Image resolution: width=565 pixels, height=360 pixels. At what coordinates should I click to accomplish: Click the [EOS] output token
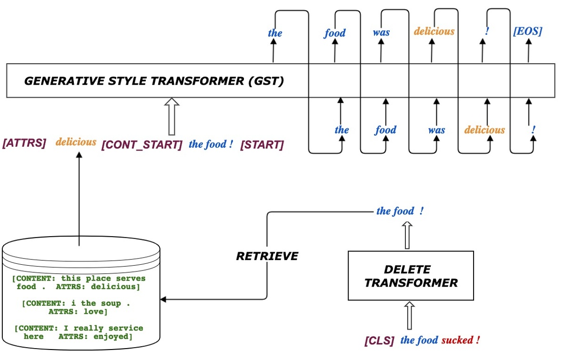point(527,32)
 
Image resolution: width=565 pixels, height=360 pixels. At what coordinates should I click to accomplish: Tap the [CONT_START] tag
point(142,145)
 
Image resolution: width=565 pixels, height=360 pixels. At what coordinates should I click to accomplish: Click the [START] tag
point(262,145)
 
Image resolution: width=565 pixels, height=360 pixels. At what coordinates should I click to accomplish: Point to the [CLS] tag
point(380,341)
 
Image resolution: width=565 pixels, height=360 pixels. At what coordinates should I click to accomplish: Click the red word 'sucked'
point(457,340)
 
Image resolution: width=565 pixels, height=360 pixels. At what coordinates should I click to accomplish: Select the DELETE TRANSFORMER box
point(411,276)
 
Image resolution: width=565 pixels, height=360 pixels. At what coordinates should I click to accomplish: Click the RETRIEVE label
point(267,256)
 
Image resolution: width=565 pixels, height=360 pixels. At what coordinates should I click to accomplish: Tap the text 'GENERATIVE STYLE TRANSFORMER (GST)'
point(154,81)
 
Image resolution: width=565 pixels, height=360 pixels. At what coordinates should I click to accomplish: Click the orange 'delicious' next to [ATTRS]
point(76,142)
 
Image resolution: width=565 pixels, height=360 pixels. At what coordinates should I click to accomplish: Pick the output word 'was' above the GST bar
point(381,32)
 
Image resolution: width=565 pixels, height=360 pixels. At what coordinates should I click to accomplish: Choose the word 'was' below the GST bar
point(436,130)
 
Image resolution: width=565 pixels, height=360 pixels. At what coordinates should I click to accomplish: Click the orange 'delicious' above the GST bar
point(434,31)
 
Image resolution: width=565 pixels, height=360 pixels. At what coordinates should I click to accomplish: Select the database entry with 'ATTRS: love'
point(79,307)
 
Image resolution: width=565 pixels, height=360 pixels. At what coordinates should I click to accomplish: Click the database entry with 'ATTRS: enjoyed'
point(79,332)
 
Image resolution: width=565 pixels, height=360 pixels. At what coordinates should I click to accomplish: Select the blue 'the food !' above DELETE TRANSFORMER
point(400,211)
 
